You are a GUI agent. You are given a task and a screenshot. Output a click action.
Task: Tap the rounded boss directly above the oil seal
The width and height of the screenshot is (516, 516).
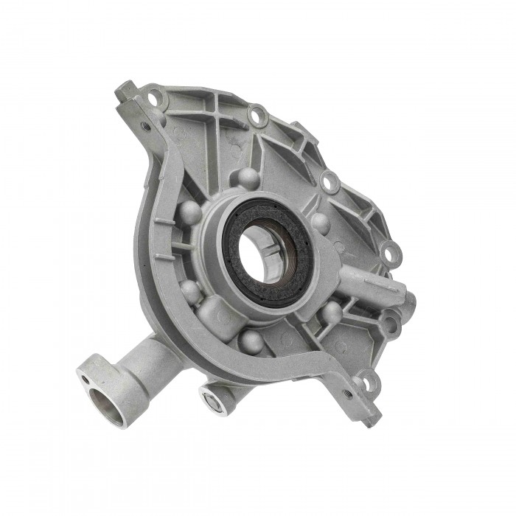247,178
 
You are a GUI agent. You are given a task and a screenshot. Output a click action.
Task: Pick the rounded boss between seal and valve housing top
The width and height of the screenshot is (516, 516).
320,223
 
